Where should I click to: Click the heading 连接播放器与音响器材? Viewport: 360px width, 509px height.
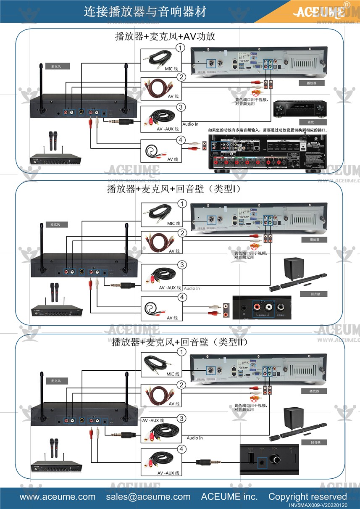coord(145,11)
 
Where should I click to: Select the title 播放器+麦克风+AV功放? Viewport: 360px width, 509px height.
coord(165,37)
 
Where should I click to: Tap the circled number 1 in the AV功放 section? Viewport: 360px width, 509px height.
coord(180,48)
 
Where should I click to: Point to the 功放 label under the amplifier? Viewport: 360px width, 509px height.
coord(311,122)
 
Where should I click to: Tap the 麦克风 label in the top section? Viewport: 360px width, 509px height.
coord(56,66)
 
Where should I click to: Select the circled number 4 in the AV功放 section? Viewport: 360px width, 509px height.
coord(180,140)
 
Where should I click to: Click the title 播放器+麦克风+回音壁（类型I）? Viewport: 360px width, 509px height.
coord(174,189)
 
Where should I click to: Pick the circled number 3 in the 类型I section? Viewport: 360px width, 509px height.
coord(181,265)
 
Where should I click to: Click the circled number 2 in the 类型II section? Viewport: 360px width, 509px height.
coord(181,385)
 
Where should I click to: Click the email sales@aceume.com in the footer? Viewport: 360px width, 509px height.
coord(148,496)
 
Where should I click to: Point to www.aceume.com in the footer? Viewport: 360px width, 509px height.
coord(58,496)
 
